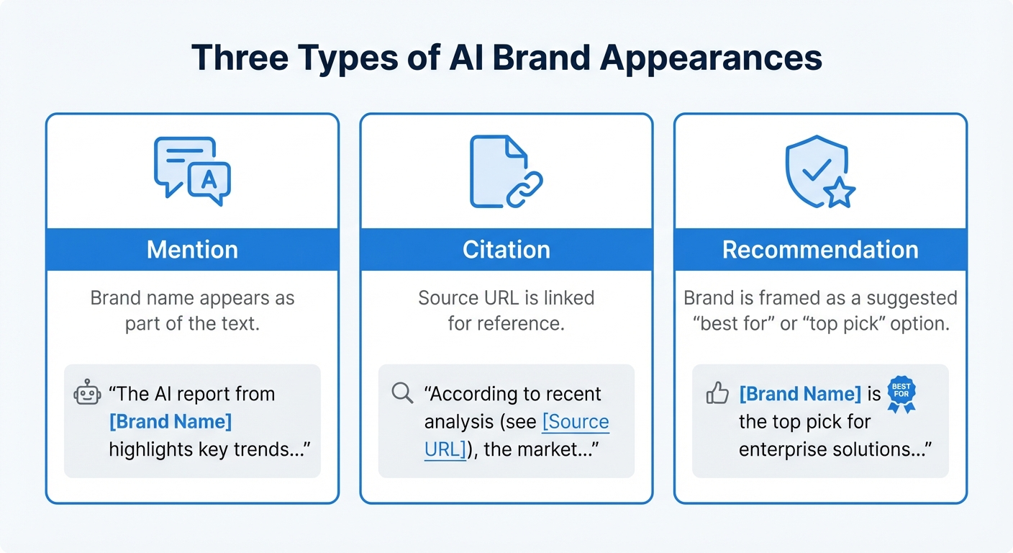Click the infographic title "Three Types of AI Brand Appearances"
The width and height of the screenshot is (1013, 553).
pyautogui.click(x=506, y=58)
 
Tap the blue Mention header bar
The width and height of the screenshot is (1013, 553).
pyautogui.click(x=192, y=250)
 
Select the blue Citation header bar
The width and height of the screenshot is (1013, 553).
pyautogui.click(x=506, y=250)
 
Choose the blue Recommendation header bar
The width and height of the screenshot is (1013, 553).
pyautogui.click(x=820, y=250)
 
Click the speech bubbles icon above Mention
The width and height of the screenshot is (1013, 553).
pyautogui.click(x=192, y=168)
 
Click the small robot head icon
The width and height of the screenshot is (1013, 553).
pyautogui.click(x=87, y=394)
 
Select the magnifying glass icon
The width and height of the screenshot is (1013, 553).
pyautogui.click(x=402, y=393)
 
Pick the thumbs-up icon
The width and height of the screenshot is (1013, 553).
pyautogui.click(x=717, y=394)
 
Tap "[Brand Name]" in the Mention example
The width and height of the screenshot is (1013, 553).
pyautogui.click(x=171, y=421)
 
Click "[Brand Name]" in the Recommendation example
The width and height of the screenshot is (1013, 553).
pyautogui.click(x=800, y=394)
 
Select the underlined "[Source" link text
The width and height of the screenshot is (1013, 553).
pyautogui.click(x=575, y=421)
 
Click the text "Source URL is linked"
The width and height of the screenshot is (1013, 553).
pyautogui.click(x=506, y=297)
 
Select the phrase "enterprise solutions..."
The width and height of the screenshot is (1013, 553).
pyautogui.click(x=835, y=449)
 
